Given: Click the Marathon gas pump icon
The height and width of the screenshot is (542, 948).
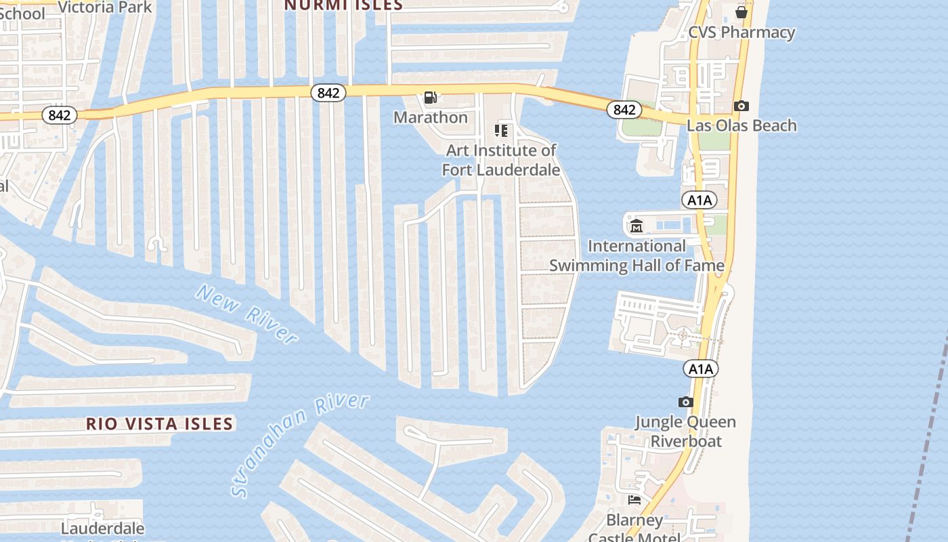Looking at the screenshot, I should click(x=430, y=98).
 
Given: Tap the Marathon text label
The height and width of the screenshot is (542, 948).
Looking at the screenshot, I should click(x=431, y=117).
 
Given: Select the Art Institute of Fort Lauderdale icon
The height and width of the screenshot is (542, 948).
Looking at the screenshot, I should click(x=501, y=130).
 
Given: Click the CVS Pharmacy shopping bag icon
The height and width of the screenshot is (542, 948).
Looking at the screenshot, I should click(x=741, y=12).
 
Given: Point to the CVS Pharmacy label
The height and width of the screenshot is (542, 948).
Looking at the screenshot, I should click(x=741, y=32).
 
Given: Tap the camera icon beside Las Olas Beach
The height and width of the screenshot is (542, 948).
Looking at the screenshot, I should click(x=741, y=106).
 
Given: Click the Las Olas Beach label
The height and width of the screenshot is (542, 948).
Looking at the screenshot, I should click(x=741, y=125).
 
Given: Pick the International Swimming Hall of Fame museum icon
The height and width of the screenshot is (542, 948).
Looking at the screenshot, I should click(x=636, y=226).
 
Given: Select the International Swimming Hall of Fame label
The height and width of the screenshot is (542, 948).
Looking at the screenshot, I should click(x=637, y=255).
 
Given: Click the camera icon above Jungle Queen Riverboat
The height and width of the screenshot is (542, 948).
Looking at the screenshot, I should click(x=686, y=402).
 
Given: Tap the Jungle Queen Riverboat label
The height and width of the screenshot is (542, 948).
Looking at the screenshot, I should click(x=685, y=432).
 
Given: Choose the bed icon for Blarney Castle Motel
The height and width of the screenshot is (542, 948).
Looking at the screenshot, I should click(x=634, y=500).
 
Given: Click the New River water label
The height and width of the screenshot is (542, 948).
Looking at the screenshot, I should click(x=246, y=314).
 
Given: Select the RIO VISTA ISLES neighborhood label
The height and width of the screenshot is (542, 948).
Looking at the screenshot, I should click(x=160, y=424).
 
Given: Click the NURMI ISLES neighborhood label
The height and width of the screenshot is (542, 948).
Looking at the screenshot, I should click(x=343, y=5).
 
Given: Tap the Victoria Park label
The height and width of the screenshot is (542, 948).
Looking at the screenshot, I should click(x=105, y=7).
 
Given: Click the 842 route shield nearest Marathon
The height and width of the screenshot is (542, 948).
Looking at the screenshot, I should click(x=328, y=93).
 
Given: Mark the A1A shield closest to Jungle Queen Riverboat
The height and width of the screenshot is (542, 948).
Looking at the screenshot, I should click(x=700, y=369).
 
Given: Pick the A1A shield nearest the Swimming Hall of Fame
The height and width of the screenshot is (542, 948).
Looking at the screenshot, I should click(x=699, y=200).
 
